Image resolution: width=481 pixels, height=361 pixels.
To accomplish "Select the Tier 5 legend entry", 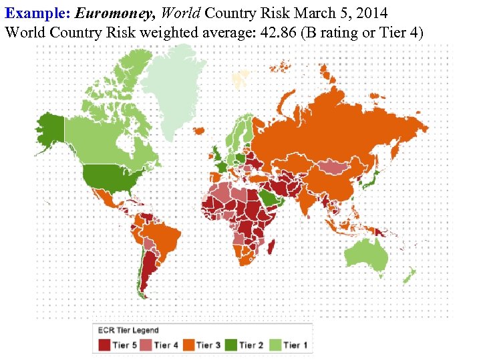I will (x=120, y=345).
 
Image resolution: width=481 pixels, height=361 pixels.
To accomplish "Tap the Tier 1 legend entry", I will (x=289, y=345).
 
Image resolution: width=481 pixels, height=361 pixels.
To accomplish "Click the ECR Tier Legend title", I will (x=128, y=330).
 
